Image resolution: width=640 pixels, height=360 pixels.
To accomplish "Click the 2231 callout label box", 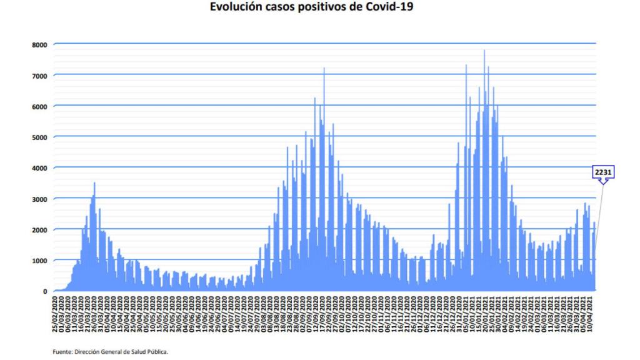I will [x=603, y=171].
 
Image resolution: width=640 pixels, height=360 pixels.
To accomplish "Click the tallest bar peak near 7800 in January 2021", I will [x=484, y=51].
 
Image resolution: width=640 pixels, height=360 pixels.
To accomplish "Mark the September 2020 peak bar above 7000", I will [x=324, y=69].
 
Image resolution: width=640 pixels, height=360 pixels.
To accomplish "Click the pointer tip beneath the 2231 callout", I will [x=603, y=184].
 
